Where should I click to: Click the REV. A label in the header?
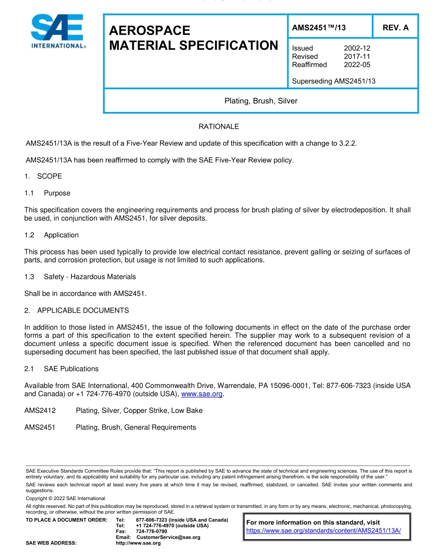coord(395,28)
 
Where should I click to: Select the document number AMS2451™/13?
coord(319,28)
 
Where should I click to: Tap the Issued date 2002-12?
coord(357,48)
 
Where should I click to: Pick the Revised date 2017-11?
coord(357,57)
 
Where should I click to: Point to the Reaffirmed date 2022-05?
coord(357,65)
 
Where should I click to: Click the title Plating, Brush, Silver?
coord(260,101)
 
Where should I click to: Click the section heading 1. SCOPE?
coord(43,177)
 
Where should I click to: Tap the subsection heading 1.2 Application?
coord(52,235)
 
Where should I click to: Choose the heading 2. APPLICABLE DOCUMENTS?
coord(77,311)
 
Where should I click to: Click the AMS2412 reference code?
coord(40,411)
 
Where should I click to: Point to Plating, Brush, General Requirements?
coord(136,428)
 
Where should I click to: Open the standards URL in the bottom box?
coord(324,530)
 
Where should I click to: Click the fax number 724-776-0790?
coord(151,531)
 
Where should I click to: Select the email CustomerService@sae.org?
coord(168,537)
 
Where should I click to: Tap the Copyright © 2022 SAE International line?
coord(65,499)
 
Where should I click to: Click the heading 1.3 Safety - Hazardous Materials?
coord(80,277)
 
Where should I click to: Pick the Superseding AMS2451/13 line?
coord(334,82)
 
